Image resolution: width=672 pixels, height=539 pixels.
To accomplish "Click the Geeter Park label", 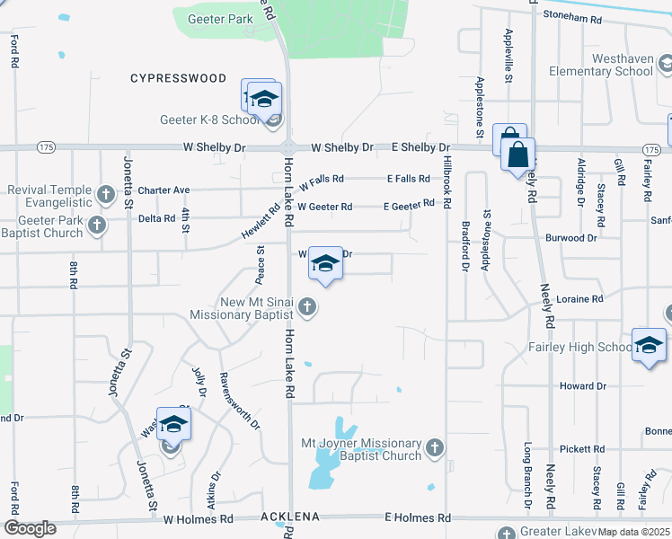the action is (x=221, y=19).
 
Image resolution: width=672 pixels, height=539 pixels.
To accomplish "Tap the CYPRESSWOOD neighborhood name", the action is (x=178, y=78).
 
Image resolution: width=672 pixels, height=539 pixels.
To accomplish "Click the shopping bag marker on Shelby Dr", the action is (x=519, y=154).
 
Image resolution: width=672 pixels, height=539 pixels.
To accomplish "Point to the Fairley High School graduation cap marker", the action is (x=649, y=345).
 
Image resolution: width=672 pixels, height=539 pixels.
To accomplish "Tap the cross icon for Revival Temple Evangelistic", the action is (x=106, y=193).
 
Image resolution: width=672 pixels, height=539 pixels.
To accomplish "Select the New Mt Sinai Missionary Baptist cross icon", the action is (x=307, y=307).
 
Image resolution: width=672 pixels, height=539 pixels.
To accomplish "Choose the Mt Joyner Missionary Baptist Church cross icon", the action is (x=435, y=446).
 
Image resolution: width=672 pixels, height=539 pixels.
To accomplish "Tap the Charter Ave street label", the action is (x=164, y=190).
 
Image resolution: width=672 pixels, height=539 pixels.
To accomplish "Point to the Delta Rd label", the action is (x=156, y=217).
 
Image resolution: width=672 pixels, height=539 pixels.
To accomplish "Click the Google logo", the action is (x=30, y=528).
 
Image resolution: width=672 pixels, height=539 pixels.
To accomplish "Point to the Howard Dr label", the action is (x=582, y=386).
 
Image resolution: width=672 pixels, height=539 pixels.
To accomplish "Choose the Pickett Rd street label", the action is (x=580, y=448).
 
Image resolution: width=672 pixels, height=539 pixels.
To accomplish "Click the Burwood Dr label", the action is (x=570, y=238).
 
